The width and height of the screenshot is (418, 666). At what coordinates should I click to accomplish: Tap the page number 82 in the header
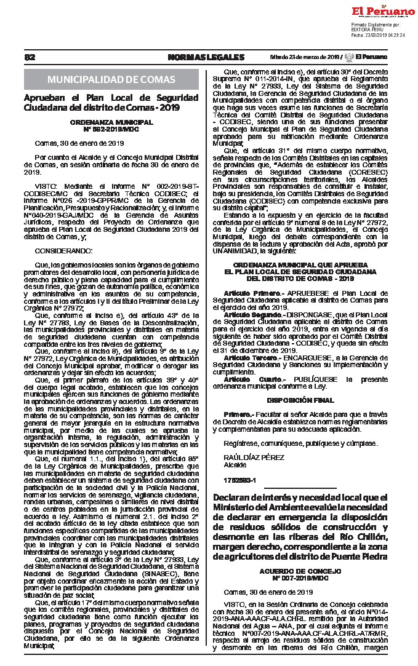coord(30,57)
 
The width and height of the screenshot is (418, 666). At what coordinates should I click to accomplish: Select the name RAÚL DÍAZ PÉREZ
coord(246,458)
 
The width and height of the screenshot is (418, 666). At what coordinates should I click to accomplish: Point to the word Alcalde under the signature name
coord(235,465)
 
